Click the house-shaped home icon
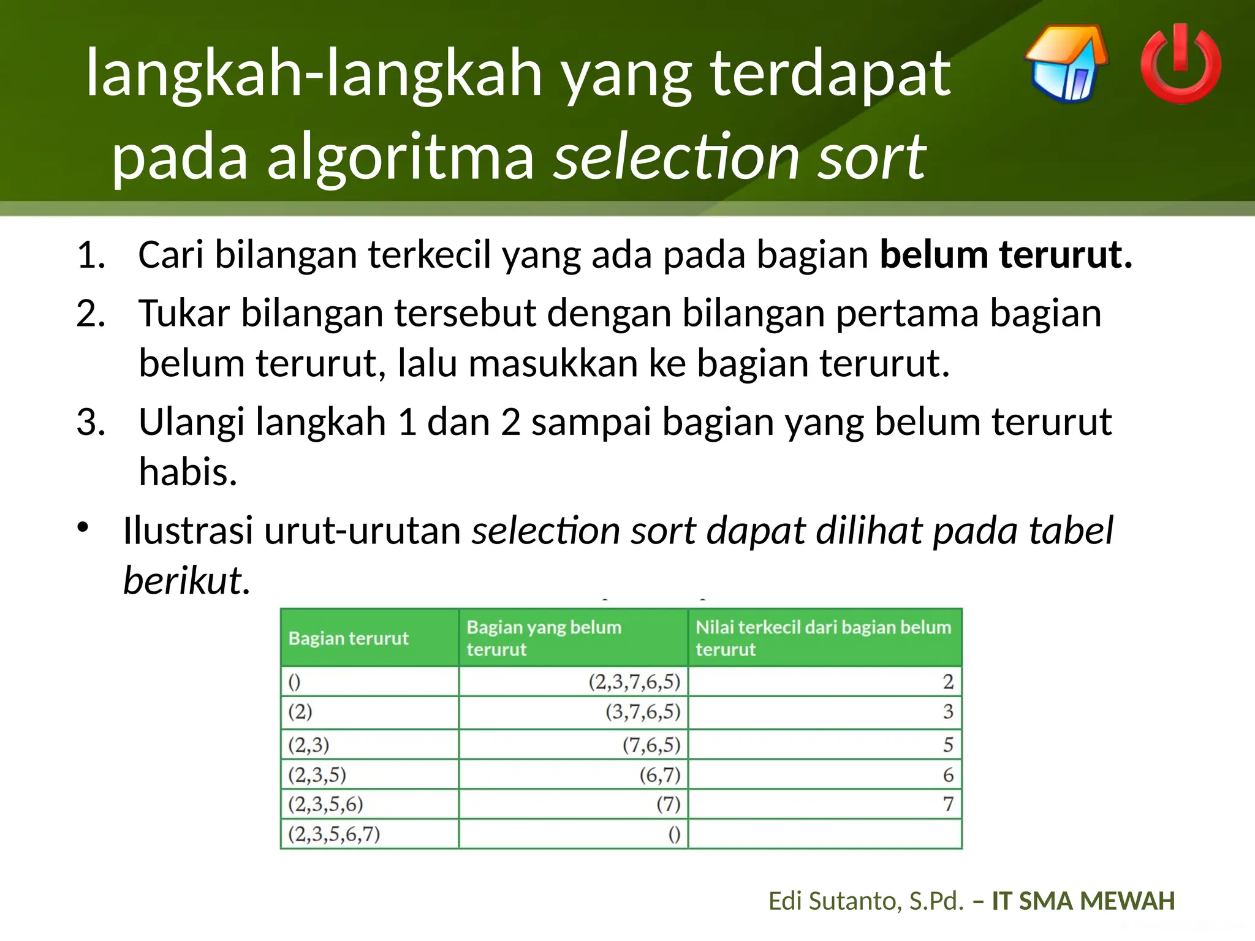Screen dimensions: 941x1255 pyautogui.click(x=1067, y=64)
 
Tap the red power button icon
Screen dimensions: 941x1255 pyautogui.click(x=1180, y=64)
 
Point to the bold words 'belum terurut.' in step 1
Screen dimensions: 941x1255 pyautogui.click(x=1006, y=254)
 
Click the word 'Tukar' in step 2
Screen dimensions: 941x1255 pyautogui.click(x=184, y=313)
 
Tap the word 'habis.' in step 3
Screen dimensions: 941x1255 pyautogui.click(x=188, y=472)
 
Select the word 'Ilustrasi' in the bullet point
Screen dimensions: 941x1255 pyautogui.click(x=188, y=530)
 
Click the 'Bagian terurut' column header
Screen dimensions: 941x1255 pyautogui.click(x=348, y=638)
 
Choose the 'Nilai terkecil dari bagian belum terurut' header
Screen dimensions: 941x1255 pyautogui.click(x=823, y=638)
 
